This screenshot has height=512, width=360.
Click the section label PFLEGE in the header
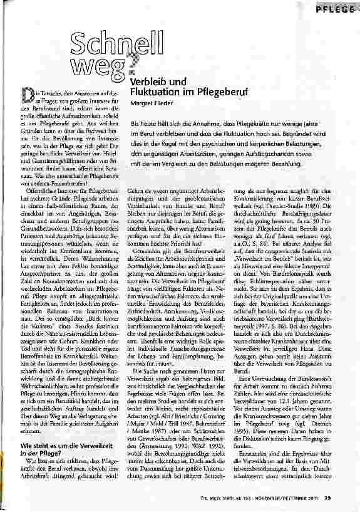(x=338, y=11)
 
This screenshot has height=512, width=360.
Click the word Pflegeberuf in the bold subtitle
(x=207, y=92)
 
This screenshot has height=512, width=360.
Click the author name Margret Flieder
(x=152, y=103)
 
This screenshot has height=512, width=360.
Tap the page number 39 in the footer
(x=345, y=498)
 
